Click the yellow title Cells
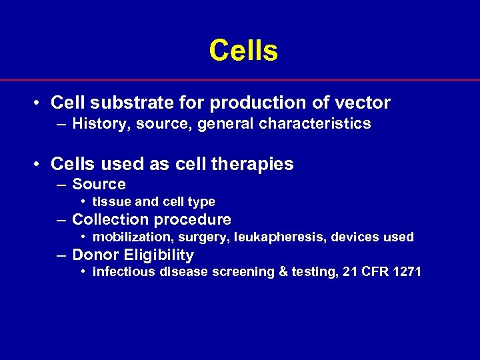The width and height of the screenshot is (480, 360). pyautogui.click(x=243, y=51)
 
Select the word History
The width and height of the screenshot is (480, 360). pyautogui.click(x=99, y=123)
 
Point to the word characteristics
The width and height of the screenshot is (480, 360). pyautogui.click(x=317, y=123)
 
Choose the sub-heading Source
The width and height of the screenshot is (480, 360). pyautogui.click(x=99, y=184)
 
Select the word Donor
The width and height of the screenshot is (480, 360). pyautogui.click(x=93, y=255)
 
